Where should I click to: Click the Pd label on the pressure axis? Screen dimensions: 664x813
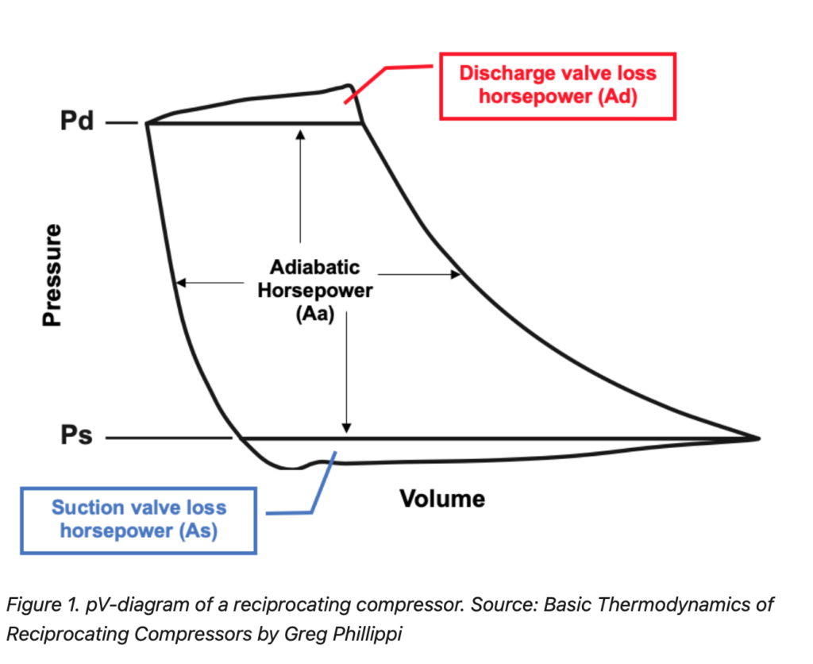click(77, 123)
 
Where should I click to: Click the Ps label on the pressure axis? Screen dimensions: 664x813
click(76, 438)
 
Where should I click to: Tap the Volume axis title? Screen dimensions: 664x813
click(442, 499)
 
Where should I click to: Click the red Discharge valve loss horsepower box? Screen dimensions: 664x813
click(557, 86)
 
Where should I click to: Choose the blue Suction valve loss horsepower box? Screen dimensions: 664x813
click(139, 519)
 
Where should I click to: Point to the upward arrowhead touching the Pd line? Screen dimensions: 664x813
click(300, 133)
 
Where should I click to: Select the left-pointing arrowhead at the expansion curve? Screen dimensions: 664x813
click(180, 282)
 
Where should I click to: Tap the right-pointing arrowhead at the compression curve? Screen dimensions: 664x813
click(457, 275)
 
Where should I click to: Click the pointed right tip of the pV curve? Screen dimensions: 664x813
click(758, 438)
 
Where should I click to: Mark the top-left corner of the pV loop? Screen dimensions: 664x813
click(148, 123)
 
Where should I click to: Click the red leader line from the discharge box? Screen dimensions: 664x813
click(373, 78)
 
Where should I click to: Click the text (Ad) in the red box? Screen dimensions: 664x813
click(618, 98)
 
